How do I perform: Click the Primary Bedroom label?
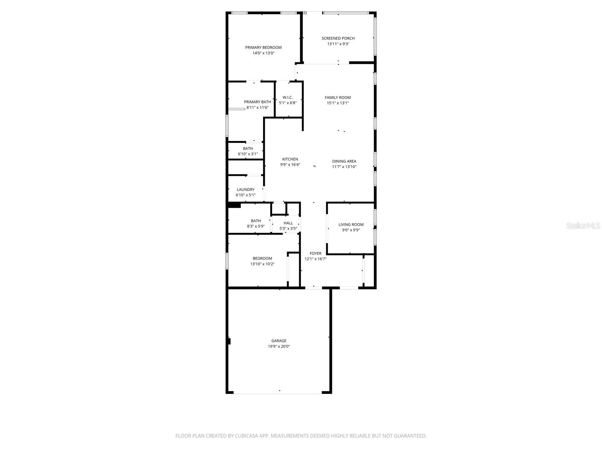coord(263,47)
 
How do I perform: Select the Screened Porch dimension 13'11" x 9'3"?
coord(338,44)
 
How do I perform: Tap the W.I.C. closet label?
coord(288,97)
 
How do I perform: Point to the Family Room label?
coord(338,97)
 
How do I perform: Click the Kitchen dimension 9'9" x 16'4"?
coord(290,165)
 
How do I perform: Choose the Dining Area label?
coord(344,161)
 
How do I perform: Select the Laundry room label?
coord(246,189)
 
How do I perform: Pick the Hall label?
coord(288,223)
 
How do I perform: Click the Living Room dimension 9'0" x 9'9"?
coord(351,230)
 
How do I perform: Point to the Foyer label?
coord(315,253)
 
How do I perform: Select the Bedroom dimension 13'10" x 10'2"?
coord(262,264)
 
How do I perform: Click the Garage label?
coord(279,341)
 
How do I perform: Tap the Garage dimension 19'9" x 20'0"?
coord(279,347)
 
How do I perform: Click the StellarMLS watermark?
coord(584,225)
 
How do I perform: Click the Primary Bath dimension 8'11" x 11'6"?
coord(257,107)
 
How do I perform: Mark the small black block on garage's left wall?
coord(229,341)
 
